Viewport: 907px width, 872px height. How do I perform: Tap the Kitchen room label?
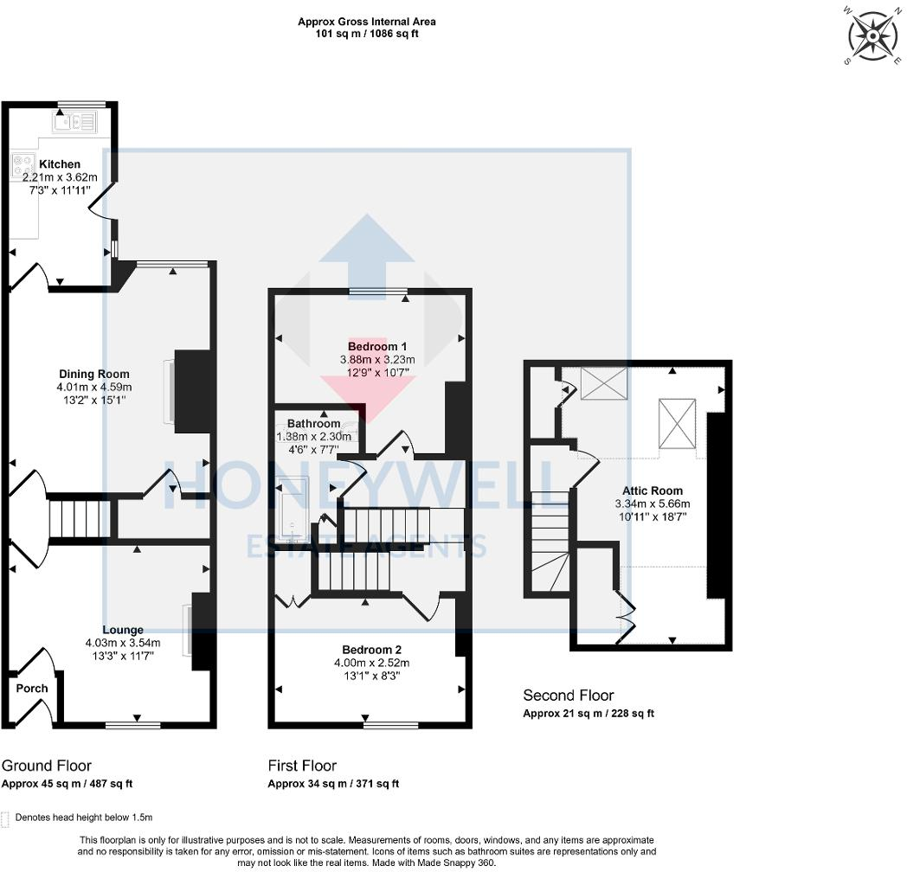60,164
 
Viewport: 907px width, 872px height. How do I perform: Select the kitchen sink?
75,122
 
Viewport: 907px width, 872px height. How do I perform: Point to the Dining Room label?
94,374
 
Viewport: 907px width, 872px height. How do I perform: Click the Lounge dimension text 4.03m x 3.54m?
123,643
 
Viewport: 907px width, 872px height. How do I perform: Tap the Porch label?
32,688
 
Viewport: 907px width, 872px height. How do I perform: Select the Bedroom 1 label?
377,346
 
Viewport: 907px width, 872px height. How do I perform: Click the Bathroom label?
314,423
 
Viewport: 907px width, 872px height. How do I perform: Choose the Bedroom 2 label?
371,650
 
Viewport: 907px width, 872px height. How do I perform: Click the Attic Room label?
653,490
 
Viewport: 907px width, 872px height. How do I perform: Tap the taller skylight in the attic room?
676,423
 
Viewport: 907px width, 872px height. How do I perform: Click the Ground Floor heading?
47,766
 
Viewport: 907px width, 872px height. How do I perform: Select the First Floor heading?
302,766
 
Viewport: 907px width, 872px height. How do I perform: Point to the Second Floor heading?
569,695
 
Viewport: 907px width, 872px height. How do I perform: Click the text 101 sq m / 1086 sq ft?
367,34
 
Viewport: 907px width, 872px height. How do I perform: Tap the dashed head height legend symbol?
6,819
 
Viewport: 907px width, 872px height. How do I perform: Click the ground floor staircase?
79,519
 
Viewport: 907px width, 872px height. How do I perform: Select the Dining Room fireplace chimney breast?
191,392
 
